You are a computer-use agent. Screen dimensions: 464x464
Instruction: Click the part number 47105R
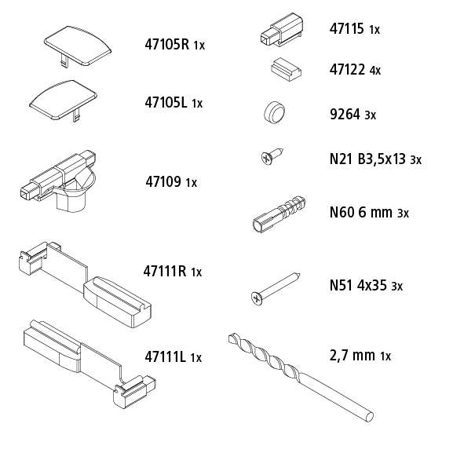pos(167,45)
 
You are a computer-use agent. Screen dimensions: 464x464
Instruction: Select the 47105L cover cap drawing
pos(64,100)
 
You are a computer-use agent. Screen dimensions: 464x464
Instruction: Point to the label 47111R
pos(165,271)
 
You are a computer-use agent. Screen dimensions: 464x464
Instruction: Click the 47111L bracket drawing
pos(89,364)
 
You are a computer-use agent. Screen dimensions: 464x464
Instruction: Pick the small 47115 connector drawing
pos(282,30)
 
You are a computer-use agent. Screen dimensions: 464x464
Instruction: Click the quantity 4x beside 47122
pos(375,71)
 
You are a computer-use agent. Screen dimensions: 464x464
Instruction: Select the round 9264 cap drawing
pos(274,112)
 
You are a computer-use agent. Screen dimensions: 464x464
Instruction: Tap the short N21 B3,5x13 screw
pos(272,155)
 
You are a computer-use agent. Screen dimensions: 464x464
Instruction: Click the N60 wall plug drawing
pos(279,214)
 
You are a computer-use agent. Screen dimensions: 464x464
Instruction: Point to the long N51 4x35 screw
pos(276,288)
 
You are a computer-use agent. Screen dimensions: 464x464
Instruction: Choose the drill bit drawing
pos(301,377)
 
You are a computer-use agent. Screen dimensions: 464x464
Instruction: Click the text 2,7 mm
pos(353,355)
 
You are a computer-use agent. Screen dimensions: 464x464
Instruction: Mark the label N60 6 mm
pos(360,212)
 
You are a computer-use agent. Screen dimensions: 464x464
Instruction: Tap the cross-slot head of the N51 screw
pos(257,298)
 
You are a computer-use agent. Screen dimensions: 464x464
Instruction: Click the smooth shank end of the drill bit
pos(369,417)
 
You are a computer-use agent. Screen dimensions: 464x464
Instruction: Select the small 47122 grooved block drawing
pos(286,70)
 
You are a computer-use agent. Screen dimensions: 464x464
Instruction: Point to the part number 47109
pos(163,181)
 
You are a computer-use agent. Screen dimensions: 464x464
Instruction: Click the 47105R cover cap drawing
pos(78,46)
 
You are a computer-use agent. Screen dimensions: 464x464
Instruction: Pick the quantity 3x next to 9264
pos(371,115)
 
